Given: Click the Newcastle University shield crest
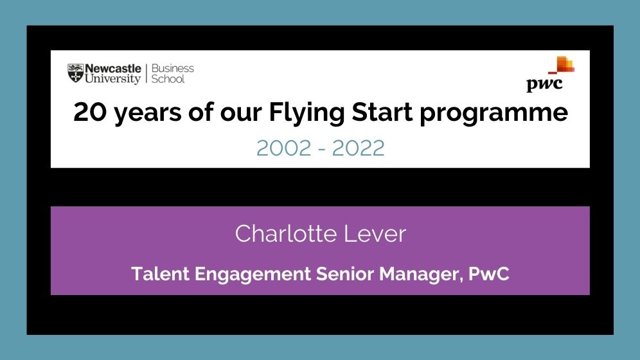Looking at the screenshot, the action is click(76, 73).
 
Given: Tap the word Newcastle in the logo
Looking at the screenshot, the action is click(113, 69).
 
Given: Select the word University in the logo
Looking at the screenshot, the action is click(112, 78).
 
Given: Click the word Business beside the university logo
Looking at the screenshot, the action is click(173, 68).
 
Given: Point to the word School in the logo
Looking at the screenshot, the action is click(168, 79).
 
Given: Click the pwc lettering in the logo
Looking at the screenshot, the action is click(544, 84).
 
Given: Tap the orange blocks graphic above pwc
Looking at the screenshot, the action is click(562, 64).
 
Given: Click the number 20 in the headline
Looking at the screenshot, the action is click(90, 113).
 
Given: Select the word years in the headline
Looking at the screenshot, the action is click(148, 114).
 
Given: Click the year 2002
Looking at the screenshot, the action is click(284, 148).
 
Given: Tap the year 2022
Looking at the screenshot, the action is click(358, 148).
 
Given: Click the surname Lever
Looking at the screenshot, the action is click(375, 233).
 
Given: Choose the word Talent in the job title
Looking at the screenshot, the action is click(160, 273).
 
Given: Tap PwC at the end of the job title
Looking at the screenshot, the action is click(489, 273).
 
